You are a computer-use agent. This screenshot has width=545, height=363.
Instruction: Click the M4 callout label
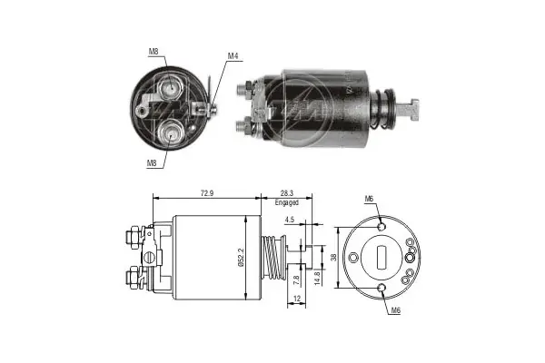click(x=233, y=57)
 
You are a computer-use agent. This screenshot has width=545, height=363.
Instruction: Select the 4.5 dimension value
click(x=288, y=219)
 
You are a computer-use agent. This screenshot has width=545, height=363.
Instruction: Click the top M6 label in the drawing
click(x=369, y=199)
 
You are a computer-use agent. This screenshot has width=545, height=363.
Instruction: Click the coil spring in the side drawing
click(x=272, y=257)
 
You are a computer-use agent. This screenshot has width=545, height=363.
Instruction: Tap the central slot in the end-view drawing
click(x=381, y=256)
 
